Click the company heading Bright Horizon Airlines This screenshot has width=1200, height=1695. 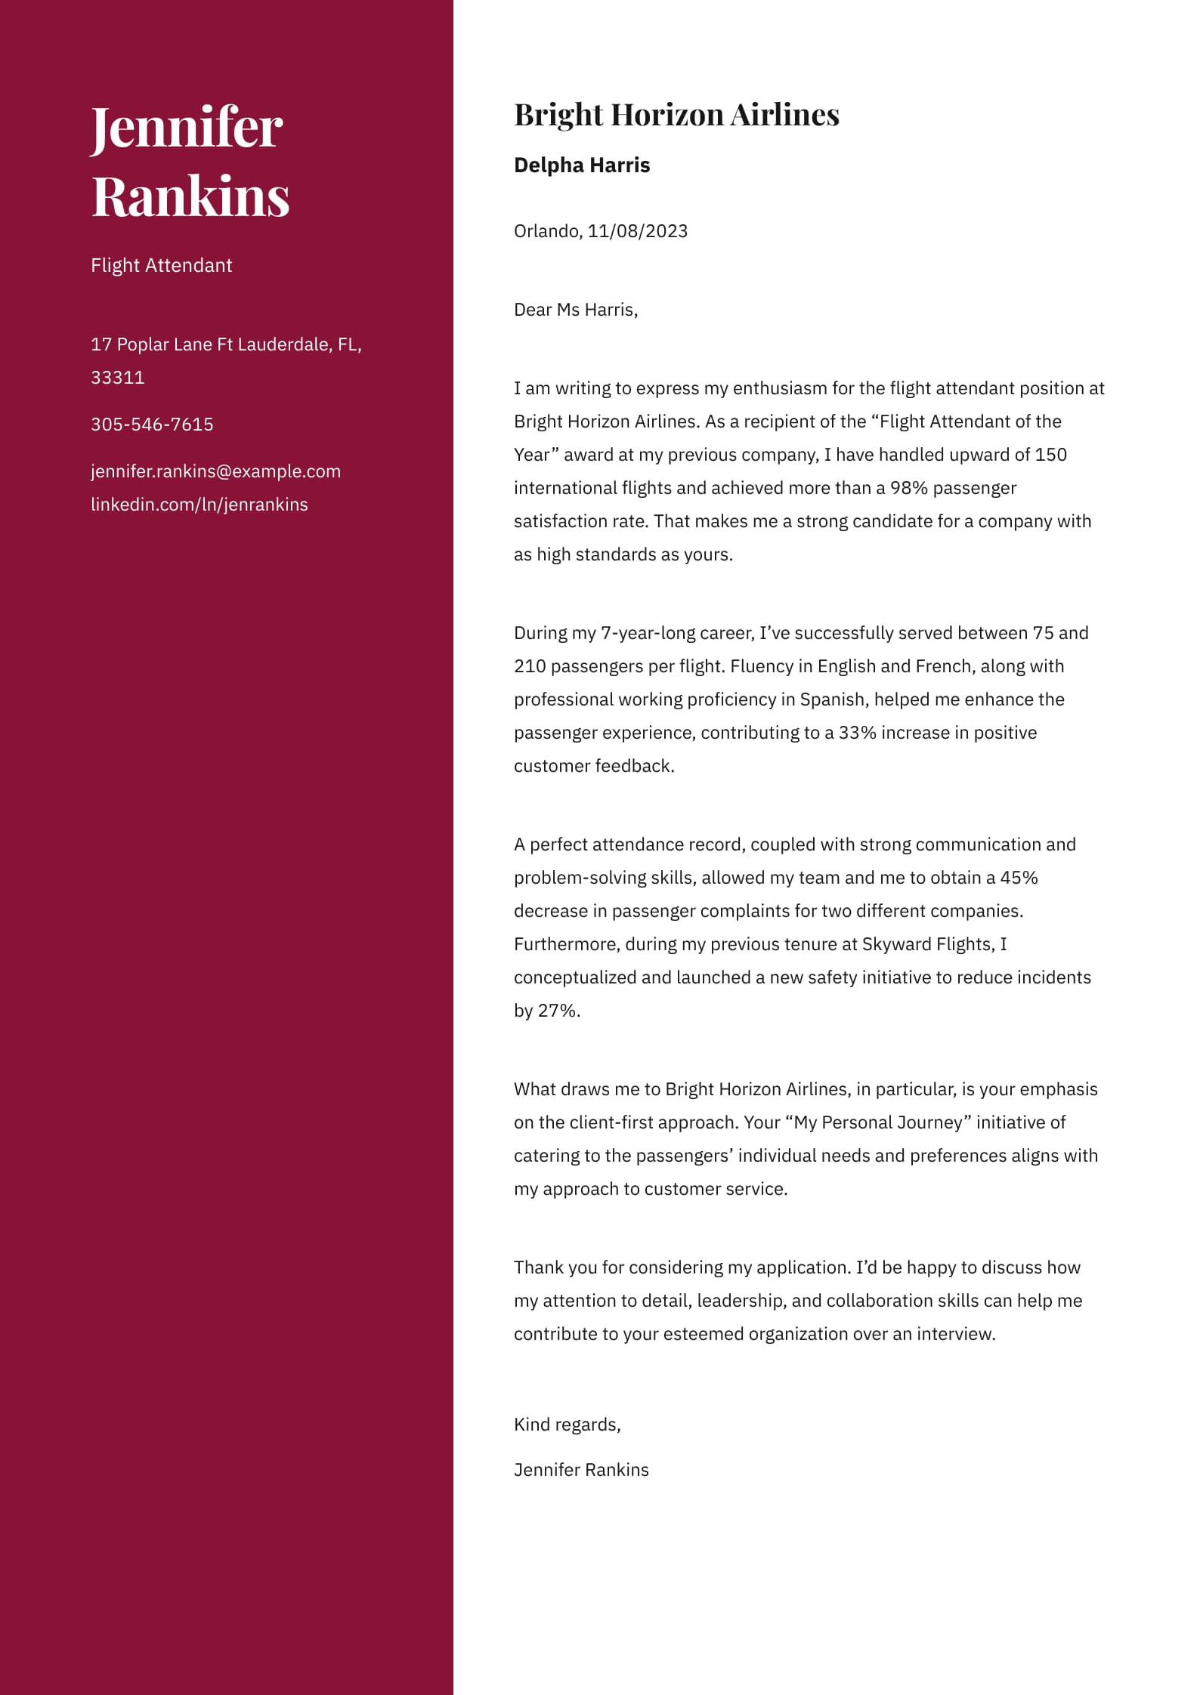676,115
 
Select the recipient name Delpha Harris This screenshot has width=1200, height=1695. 582,165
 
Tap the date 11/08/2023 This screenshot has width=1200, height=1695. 638,231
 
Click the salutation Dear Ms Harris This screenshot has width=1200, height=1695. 575,310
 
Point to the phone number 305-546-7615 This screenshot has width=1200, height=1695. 152,425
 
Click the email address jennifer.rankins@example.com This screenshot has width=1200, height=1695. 215,471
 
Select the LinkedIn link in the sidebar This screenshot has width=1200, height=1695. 199,505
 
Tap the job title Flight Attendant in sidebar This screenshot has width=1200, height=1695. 161,266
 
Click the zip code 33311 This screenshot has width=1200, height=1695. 117,378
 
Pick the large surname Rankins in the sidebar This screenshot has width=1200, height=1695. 190,196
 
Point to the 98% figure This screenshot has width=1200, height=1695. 908,488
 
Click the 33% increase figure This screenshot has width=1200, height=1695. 857,733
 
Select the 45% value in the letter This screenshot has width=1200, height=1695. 1019,878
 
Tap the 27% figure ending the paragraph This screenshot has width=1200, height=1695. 558,1011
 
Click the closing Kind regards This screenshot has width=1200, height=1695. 567,1425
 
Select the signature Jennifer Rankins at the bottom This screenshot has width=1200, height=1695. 581,1470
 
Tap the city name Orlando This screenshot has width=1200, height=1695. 546,231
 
